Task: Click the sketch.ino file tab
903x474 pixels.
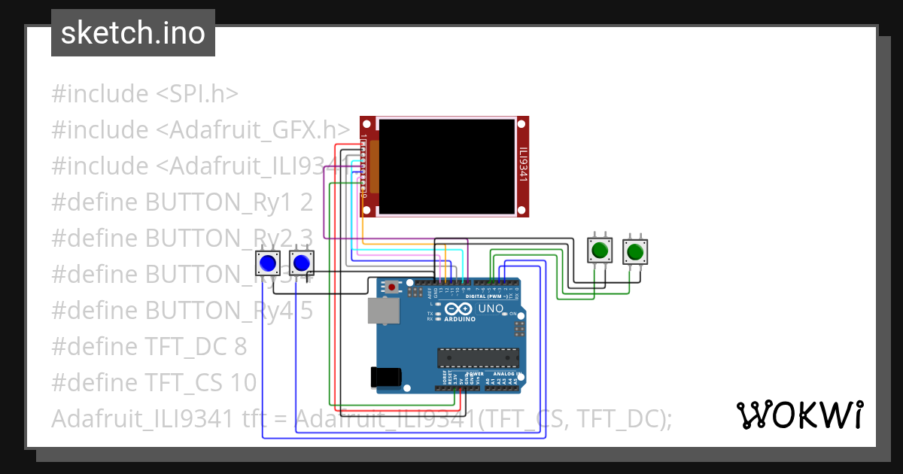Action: [132, 33]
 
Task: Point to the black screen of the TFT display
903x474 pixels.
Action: [447, 166]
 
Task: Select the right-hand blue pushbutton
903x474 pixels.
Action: [301, 263]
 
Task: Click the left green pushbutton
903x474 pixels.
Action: [600, 250]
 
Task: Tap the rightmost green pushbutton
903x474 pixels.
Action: [635, 251]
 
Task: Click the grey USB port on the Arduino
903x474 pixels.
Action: [383, 311]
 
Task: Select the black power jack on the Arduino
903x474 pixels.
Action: [385, 377]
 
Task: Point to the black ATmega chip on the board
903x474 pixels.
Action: [479, 360]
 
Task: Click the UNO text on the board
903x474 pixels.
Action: [491, 308]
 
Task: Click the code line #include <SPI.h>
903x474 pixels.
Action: [144, 94]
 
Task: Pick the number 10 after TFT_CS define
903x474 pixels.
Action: [244, 383]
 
